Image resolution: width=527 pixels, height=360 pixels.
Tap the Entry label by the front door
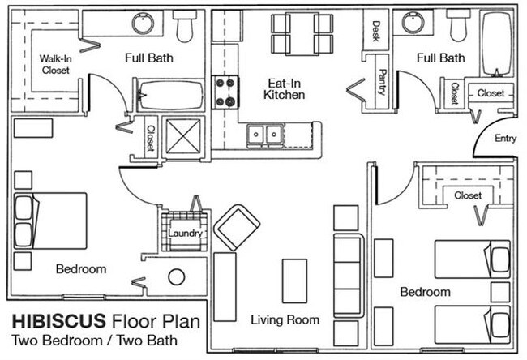point(505,139)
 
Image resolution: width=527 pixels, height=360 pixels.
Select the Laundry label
point(185,234)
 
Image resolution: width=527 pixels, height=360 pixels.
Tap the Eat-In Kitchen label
point(284,88)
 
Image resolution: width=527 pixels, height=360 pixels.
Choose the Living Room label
point(285,319)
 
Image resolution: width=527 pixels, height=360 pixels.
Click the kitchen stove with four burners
point(224,91)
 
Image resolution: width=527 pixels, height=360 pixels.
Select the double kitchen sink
point(265,133)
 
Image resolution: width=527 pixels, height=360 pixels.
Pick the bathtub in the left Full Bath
point(169,95)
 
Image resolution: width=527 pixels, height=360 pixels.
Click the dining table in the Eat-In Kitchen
point(302,32)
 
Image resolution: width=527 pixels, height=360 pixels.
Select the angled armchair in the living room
point(236,227)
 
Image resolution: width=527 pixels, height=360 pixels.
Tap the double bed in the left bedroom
point(50,221)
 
